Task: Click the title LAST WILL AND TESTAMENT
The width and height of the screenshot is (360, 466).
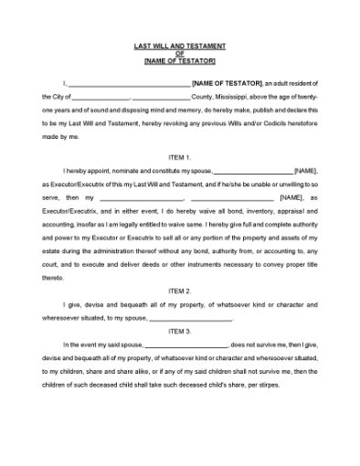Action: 180,46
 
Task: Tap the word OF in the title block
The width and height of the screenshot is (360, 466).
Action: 180,53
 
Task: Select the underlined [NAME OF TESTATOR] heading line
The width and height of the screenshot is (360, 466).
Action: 180,60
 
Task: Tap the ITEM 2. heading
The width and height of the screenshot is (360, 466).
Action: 180,290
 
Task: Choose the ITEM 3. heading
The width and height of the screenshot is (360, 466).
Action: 180,330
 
